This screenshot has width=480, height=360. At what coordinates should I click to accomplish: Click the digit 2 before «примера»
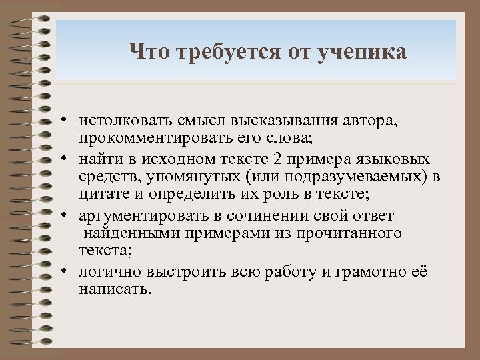pos(277,160)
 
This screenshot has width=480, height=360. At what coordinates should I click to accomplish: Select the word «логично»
pos(107,273)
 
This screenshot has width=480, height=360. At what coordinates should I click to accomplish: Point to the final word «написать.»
pos(115,289)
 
